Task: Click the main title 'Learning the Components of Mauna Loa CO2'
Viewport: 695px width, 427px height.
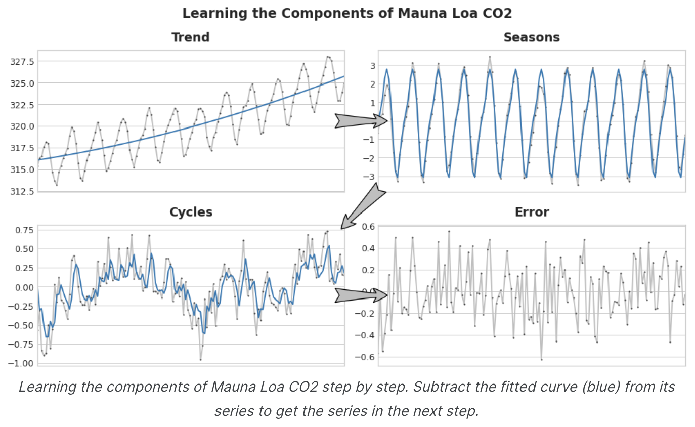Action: point(347,13)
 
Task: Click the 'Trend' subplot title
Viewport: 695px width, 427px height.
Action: point(190,37)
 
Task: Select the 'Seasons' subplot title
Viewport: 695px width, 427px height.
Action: point(531,37)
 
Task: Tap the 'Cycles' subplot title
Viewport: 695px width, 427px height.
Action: point(191,212)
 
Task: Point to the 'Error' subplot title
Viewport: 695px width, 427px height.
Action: point(532,212)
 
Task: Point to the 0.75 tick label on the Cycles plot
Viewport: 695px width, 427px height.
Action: point(21,230)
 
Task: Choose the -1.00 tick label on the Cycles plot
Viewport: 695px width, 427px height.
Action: point(20,363)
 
